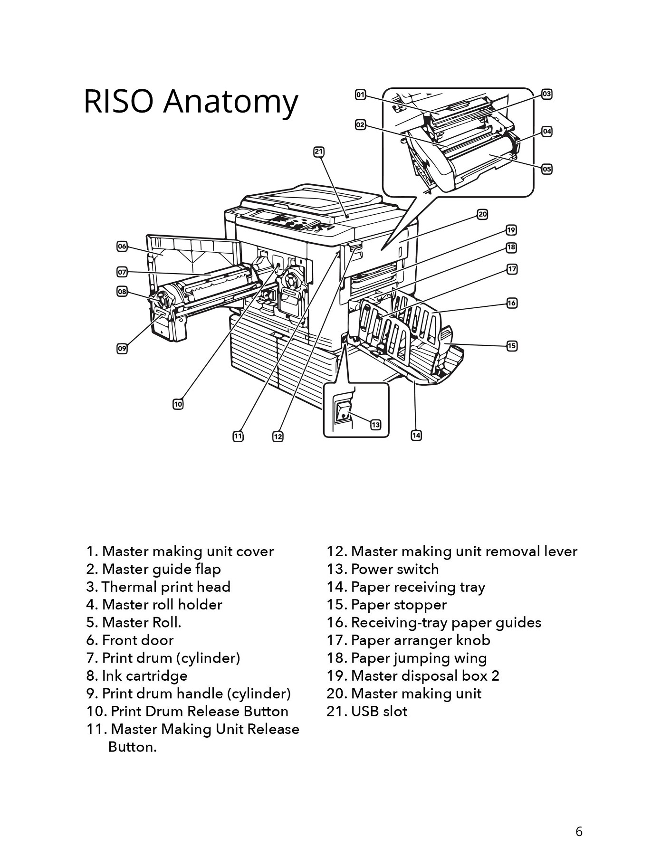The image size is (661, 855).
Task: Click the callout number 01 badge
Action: coord(361,95)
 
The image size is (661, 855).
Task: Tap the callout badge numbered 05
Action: coord(547,169)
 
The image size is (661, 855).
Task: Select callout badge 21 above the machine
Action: coord(318,152)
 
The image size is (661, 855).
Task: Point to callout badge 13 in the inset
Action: coord(375,425)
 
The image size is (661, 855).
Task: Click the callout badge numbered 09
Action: coord(122,349)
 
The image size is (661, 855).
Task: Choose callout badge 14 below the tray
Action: coord(416,435)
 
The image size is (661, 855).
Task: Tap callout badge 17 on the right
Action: coord(512,269)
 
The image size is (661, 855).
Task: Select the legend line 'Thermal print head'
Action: coord(158,587)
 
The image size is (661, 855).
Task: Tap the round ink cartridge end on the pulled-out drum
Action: coord(162,300)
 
